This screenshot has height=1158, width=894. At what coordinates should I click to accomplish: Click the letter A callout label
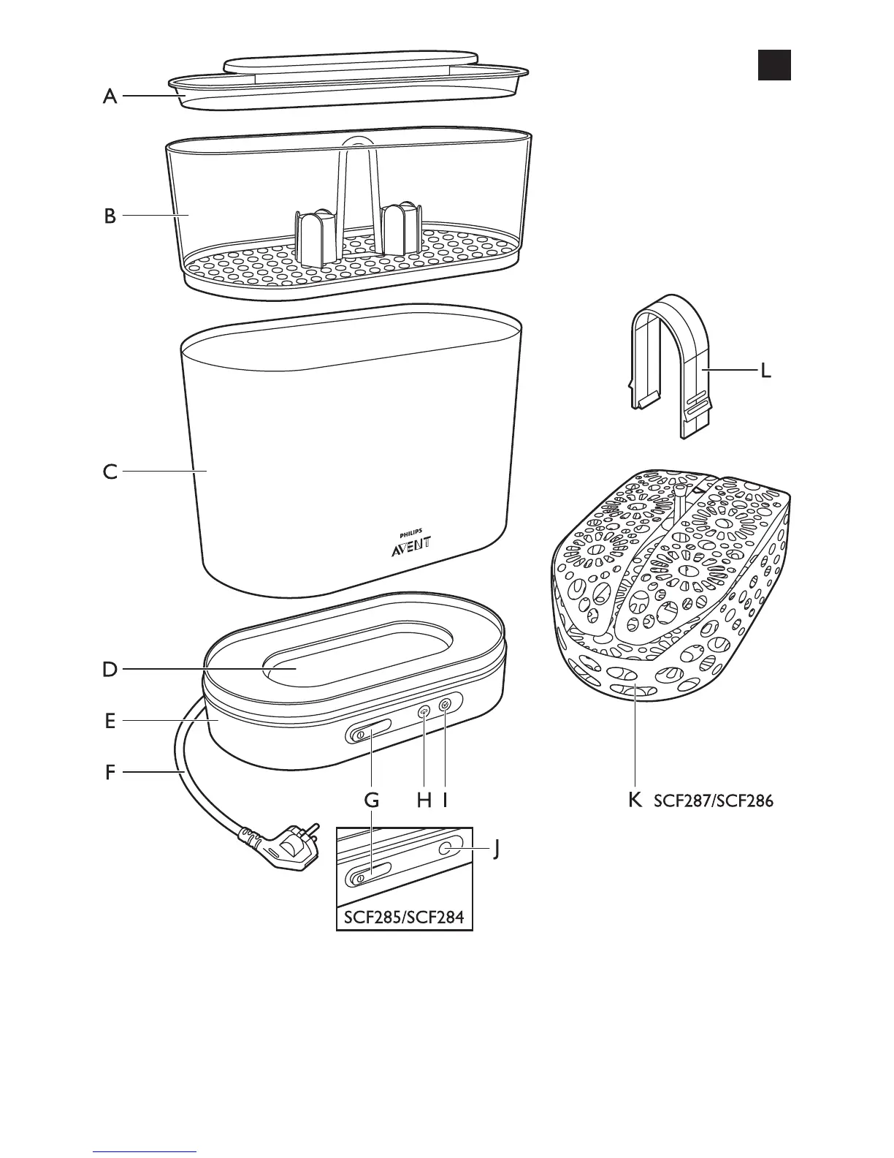[110, 96]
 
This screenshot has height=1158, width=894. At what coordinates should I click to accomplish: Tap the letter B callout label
[110, 216]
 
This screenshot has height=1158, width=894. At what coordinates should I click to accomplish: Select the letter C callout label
[110, 472]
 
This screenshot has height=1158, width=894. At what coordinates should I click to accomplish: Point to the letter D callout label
[110, 669]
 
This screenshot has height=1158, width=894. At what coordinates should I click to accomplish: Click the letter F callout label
[110, 771]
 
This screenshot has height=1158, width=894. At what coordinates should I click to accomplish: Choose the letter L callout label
[765, 371]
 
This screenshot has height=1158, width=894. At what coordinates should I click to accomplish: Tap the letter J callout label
[496, 849]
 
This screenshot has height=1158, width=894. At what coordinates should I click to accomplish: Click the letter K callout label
[635, 800]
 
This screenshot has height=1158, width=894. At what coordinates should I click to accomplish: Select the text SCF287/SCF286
[713, 801]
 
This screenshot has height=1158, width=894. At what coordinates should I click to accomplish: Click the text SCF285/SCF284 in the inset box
[404, 916]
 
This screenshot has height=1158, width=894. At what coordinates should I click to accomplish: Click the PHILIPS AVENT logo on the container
[411, 542]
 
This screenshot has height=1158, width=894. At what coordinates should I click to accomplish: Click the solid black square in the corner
[773, 64]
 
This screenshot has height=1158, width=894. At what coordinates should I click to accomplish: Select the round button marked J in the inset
[447, 848]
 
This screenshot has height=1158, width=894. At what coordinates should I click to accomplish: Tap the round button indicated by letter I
[446, 705]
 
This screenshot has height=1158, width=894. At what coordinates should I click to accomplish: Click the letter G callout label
[372, 800]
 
